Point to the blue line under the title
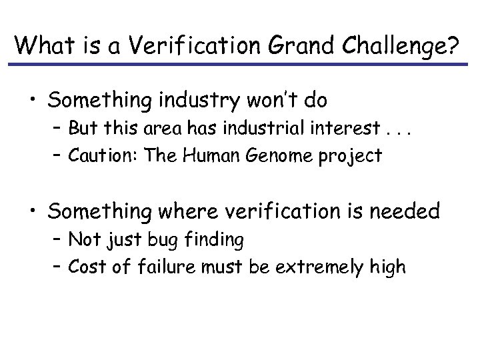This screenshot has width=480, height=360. [x=240, y=65]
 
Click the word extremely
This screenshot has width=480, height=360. [x=326, y=267]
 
